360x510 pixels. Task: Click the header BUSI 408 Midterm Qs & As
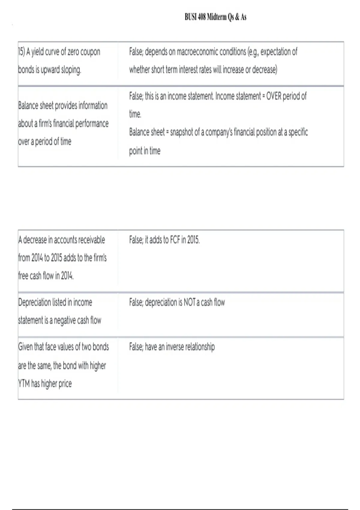pos(215,17)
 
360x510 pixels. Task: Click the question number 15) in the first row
pos(21,52)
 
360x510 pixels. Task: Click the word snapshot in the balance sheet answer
pos(181,132)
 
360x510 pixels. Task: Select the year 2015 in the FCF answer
pos(193,240)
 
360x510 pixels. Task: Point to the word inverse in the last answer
pos(175,347)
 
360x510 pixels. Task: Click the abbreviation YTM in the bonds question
pos(24,383)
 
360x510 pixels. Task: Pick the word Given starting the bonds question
pos(25,347)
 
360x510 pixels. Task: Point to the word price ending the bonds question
pos(65,383)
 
